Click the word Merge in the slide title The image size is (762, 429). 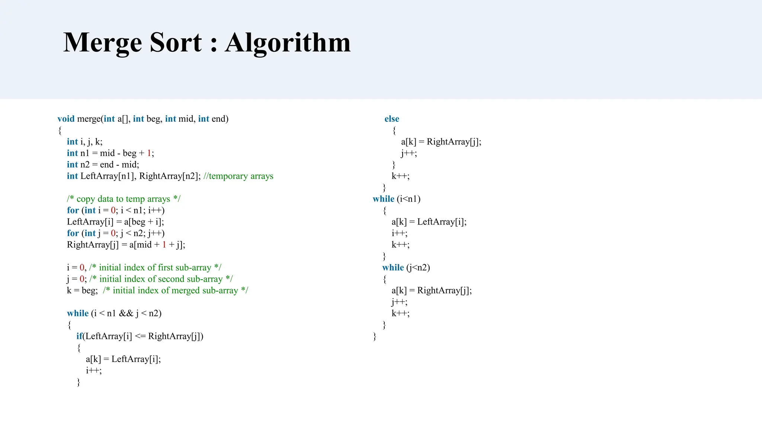[x=102, y=43]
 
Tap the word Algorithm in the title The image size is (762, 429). [x=288, y=43]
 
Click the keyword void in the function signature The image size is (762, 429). [x=66, y=119]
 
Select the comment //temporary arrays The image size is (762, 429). [x=238, y=176]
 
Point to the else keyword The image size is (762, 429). [x=392, y=119]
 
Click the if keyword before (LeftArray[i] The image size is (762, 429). [x=79, y=336]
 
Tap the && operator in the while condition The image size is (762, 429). [x=126, y=314]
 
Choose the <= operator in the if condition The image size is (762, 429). [x=140, y=336]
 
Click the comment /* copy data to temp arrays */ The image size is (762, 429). [x=124, y=199]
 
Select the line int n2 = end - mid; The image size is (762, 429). [x=103, y=165]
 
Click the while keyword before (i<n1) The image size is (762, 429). [x=383, y=199]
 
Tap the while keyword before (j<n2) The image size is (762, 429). [x=393, y=267]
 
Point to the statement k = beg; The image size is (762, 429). [x=82, y=290]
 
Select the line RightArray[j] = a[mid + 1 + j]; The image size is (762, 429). [x=126, y=245]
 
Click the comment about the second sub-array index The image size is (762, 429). [x=161, y=279]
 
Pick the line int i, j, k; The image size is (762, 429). [x=84, y=142]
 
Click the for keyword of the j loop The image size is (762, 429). [x=73, y=233]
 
